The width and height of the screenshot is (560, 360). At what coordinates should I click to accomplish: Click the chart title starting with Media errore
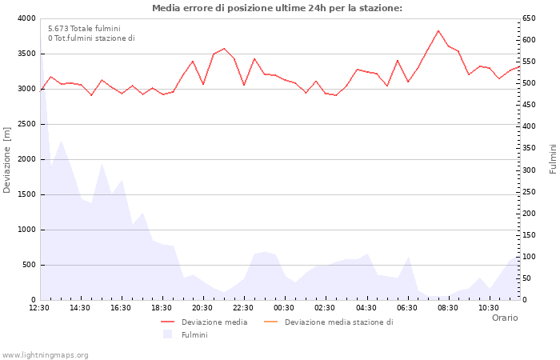[x=277, y=8]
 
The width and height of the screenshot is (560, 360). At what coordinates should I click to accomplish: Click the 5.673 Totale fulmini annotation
[x=84, y=28]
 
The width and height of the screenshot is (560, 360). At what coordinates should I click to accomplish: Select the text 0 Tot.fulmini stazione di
[x=91, y=38]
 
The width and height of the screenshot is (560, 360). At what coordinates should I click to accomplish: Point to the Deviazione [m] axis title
[x=7, y=159]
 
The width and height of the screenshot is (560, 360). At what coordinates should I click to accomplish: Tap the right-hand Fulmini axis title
[x=553, y=158]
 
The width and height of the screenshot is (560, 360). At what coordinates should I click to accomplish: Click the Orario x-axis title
[x=504, y=318]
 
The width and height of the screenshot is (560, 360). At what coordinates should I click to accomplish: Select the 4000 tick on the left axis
[x=26, y=18]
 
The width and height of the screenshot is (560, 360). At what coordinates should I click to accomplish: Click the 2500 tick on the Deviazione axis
[x=26, y=124]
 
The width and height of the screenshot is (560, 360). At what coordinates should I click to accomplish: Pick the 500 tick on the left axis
[x=29, y=265]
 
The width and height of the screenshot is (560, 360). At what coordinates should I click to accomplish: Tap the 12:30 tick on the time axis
[x=39, y=307]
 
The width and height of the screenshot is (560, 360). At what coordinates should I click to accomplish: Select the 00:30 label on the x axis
[x=284, y=307]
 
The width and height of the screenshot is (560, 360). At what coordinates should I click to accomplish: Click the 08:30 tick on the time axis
[x=447, y=307]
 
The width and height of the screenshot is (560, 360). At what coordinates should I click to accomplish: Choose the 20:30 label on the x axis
[x=202, y=307]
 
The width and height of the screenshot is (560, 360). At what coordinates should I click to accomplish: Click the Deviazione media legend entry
[x=214, y=322]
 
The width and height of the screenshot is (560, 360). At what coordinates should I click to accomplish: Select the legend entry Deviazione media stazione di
[x=338, y=322]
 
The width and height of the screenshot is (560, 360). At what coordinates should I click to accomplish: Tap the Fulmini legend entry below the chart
[x=194, y=334]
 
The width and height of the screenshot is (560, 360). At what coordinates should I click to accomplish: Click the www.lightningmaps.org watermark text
[x=46, y=354]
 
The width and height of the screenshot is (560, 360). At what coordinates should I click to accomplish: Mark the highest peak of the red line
[x=438, y=30]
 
